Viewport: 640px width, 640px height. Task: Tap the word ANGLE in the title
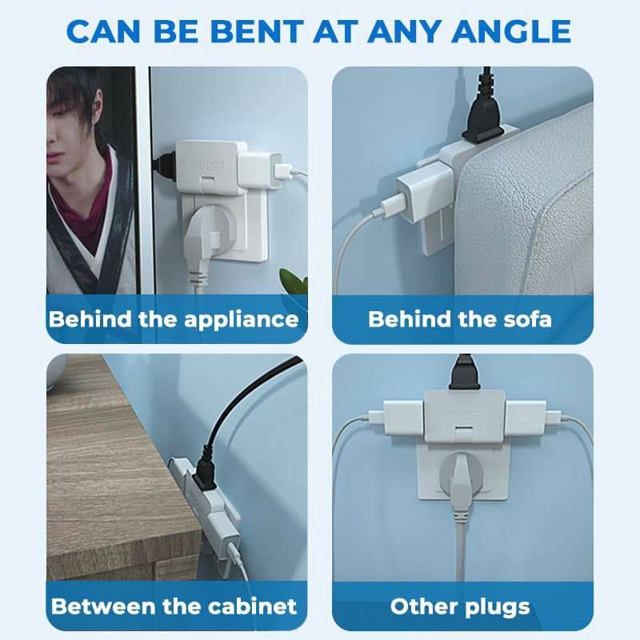[511, 31]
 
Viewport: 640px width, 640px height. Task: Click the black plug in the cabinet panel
[205, 473]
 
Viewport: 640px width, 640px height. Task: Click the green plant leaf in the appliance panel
[294, 279]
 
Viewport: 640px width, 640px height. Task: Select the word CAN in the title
[103, 31]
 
